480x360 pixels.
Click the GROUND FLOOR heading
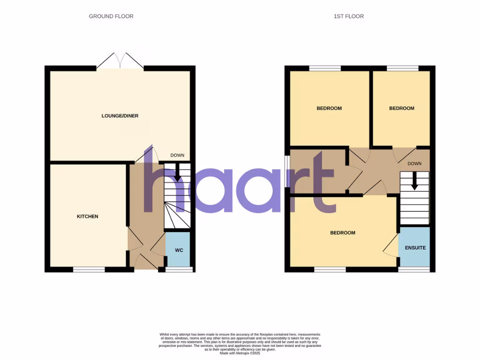tap(111, 16)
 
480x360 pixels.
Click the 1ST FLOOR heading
tap(348, 16)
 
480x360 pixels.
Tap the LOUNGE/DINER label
tap(120, 116)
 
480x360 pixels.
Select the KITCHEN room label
tap(88, 217)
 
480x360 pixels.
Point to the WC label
tap(179, 250)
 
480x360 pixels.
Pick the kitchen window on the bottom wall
tap(89, 270)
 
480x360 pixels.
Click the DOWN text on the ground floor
tap(177, 156)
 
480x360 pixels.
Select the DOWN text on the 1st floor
tap(414, 164)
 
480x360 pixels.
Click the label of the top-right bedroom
tap(402, 108)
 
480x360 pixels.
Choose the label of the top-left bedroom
tap(329, 108)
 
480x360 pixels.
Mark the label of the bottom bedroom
tap(343, 233)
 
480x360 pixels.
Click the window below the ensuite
tap(414, 270)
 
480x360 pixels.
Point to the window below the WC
tap(179, 270)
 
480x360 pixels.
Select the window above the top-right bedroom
tap(403, 68)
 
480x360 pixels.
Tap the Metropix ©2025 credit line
tap(240, 353)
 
